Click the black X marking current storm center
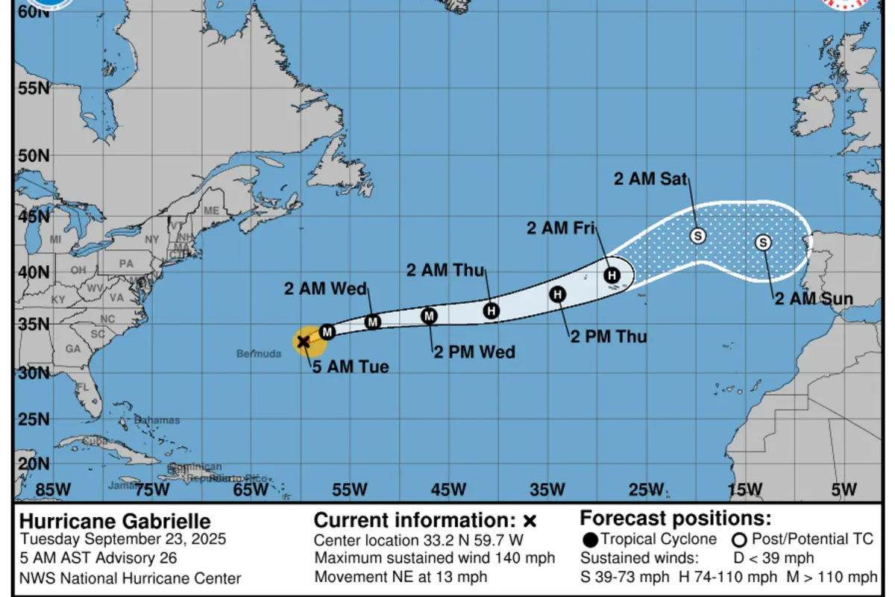pyautogui.click(x=304, y=342)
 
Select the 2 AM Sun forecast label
pyautogui.click(x=814, y=299)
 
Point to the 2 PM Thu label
pyautogui.click(x=609, y=337)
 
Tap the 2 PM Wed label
pyautogui.click(x=474, y=351)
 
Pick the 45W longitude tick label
pyautogui.click(x=448, y=490)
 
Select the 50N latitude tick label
pyautogui.click(x=33, y=156)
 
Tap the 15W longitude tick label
pyautogui.click(x=745, y=490)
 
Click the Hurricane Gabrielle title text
pyautogui.click(x=115, y=522)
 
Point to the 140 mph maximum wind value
pyautogui.click(x=524, y=558)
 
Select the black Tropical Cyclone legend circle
pyautogui.click(x=590, y=540)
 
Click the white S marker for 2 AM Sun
pyautogui.click(x=763, y=243)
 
